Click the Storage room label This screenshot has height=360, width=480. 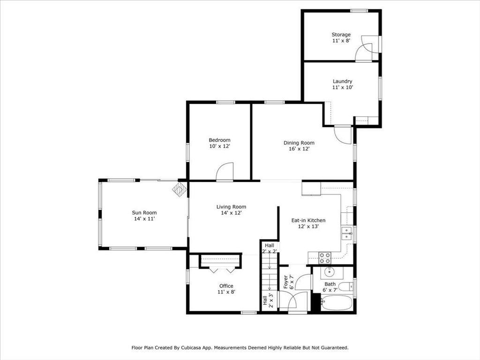pos(341,35)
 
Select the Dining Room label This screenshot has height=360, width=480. pos(299,143)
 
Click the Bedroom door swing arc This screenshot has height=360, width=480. pos(225,172)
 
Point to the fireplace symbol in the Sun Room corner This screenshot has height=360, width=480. pos(180,190)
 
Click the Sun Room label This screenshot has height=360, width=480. pos(144,212)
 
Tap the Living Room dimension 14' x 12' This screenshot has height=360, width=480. pos(231,213)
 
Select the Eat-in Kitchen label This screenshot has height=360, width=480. pos(308,220)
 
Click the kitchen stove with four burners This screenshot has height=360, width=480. pos(325,257)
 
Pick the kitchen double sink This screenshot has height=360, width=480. pos(346,233)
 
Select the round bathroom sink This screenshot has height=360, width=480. pos(330,271)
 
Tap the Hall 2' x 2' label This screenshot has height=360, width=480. pos(270,248)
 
